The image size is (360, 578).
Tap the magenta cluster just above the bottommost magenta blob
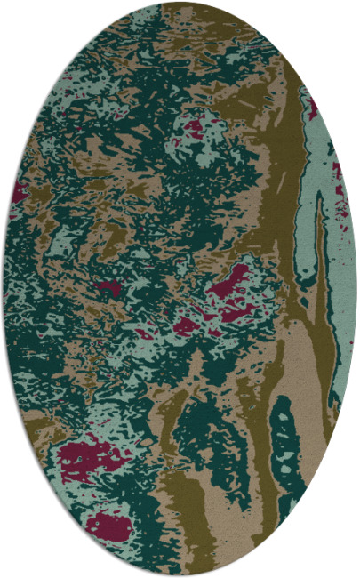pyautogui.click(x=89, y=458)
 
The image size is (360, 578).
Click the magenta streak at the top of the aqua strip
pyautogui.click(x=313, y=108)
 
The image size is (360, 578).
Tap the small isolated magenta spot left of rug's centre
pyautogui.click(x=108, y=287)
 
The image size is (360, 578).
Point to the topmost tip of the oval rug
pyautogui.click(x=180, y=2)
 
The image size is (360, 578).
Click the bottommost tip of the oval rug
pyautogui.click(x=180, y=575)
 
